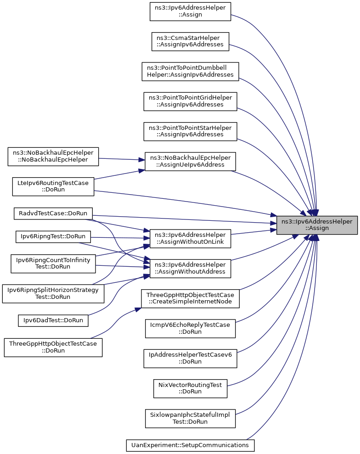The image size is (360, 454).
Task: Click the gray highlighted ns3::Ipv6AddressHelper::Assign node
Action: pos(317,225)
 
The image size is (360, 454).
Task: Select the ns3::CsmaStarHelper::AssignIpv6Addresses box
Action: pos(190,41)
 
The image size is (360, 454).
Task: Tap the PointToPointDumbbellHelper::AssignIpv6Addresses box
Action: pos(190,72)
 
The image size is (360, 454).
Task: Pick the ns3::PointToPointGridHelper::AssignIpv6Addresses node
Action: pos(190,101)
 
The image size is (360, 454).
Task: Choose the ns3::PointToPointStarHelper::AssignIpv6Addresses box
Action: pos(190,131)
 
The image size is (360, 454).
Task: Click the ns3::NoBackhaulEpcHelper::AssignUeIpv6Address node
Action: pos(190,161)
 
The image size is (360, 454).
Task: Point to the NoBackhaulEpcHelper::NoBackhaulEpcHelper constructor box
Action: pos(53,157)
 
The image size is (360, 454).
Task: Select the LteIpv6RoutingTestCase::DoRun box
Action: pos(53,186)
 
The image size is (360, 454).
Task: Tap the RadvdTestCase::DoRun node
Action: pos(53,213)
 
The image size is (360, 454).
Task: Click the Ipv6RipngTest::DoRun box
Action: pos(53,236)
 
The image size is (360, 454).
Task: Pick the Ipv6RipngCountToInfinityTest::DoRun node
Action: pos(53,263)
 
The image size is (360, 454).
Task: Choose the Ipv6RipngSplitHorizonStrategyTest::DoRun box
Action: pos(53,294)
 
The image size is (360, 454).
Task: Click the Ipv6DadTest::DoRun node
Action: pos(53,320)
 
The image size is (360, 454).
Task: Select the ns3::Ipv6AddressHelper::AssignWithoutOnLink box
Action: pos(190,239)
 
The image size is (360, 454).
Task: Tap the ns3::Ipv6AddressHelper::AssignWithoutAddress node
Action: pos(190,269)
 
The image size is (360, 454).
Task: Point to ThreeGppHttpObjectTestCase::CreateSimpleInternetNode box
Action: pos(190,298)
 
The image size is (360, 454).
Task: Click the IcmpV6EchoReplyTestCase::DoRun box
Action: pos(190,328)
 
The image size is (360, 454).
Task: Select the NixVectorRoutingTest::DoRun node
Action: pos(190,388)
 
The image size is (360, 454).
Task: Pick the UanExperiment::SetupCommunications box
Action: pos(190,445)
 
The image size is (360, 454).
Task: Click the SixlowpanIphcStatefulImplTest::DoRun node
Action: pos(190,418)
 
